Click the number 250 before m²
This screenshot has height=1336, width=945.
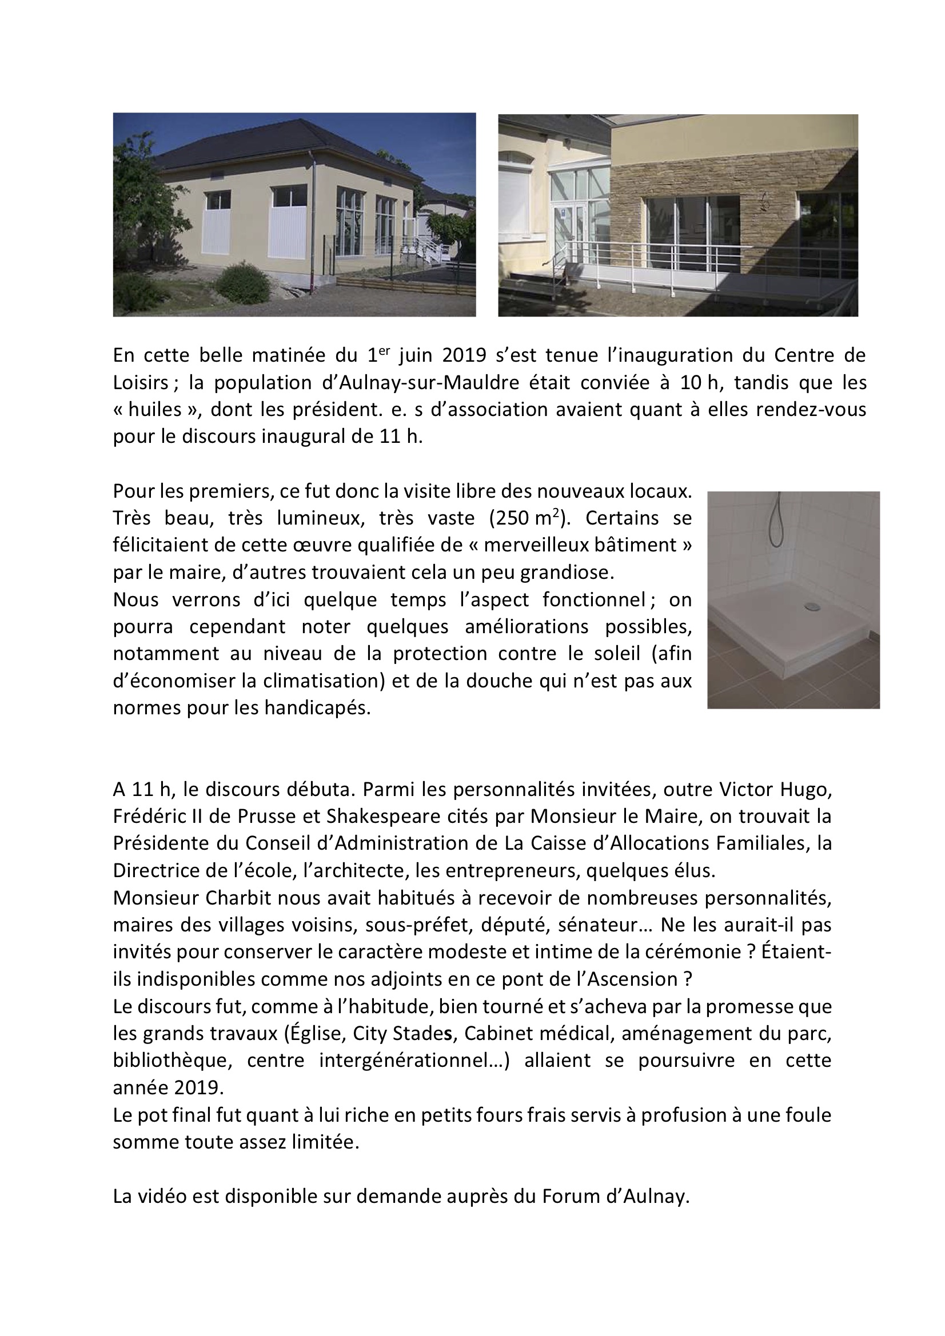pos(508,518)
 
